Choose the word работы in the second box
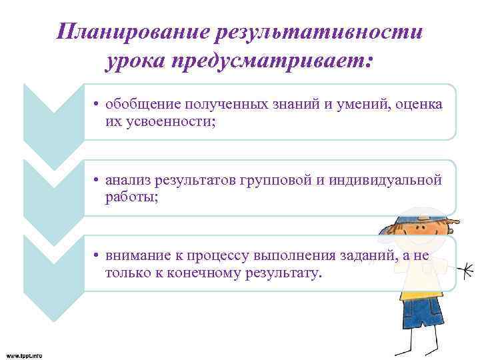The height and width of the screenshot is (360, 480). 129,198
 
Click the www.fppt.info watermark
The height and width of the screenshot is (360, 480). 24,355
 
